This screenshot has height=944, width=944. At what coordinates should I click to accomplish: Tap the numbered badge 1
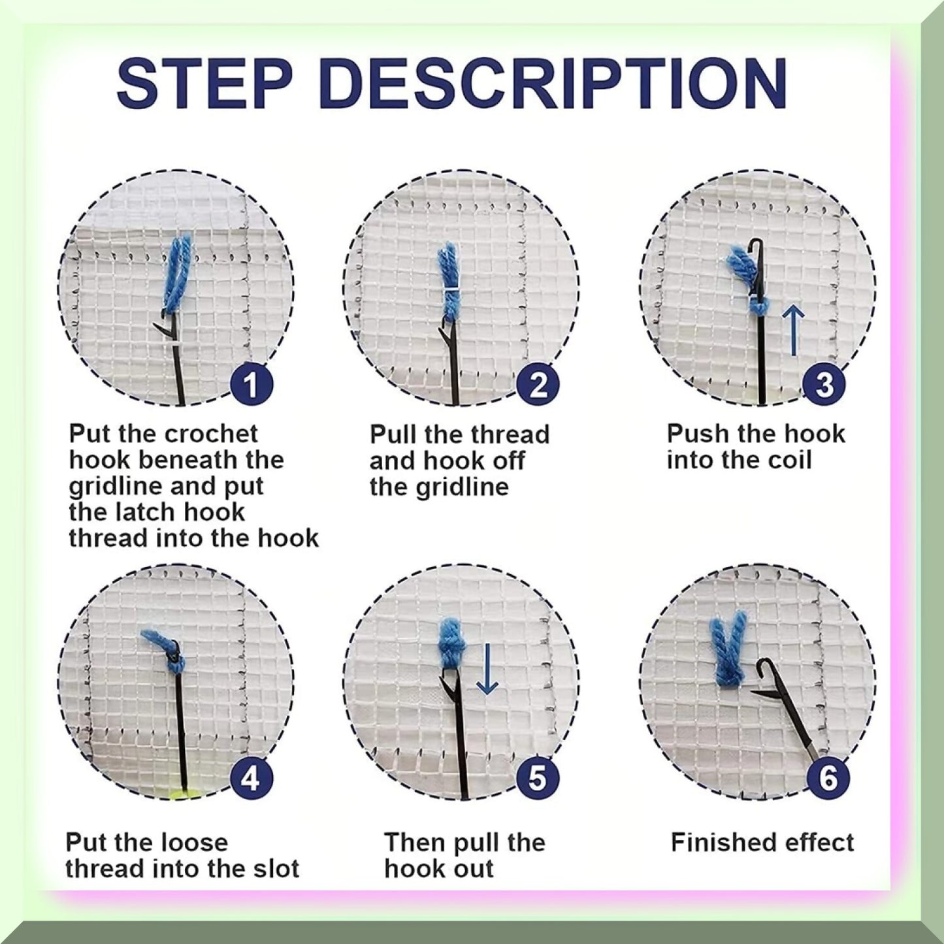(x=251, y=385)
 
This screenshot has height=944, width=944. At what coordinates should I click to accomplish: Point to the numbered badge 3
(x=824, y=385)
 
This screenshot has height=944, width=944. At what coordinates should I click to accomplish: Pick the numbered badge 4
(x=251, y=779)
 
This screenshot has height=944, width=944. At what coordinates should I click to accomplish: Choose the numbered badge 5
(x=537, y=779)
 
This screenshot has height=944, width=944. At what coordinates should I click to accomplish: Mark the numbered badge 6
(x=828, y=779)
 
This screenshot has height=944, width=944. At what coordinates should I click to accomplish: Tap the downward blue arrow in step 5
(x=487, y=670)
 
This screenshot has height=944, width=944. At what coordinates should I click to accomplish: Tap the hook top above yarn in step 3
(x=756, y=247)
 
